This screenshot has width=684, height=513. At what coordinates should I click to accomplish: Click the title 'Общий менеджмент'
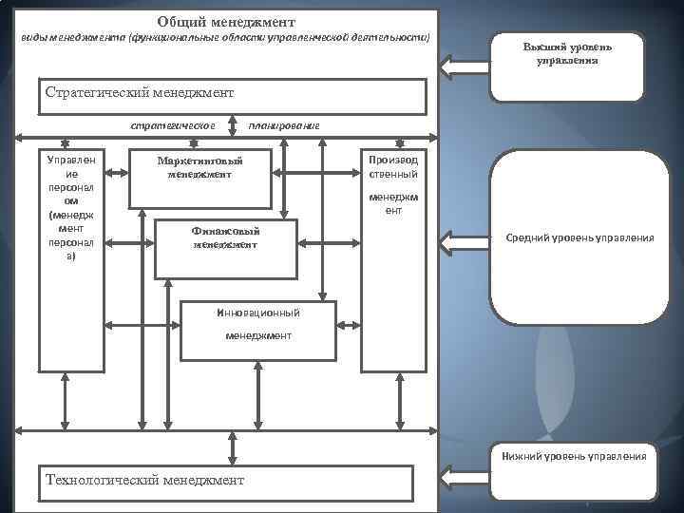[226, 21]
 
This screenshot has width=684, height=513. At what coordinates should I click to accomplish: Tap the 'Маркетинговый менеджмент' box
[199, 178]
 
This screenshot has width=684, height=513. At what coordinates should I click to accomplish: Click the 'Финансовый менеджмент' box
[225, 249]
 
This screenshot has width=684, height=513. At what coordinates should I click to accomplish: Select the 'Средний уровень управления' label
[579, 237]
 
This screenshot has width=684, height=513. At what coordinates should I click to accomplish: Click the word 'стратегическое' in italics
[174, 125]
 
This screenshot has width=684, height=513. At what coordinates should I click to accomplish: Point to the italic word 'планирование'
[283, 125]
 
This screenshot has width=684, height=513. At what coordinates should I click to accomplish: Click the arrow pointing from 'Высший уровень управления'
[465, 66]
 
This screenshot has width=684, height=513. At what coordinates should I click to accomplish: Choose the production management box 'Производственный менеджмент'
[393, 258]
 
